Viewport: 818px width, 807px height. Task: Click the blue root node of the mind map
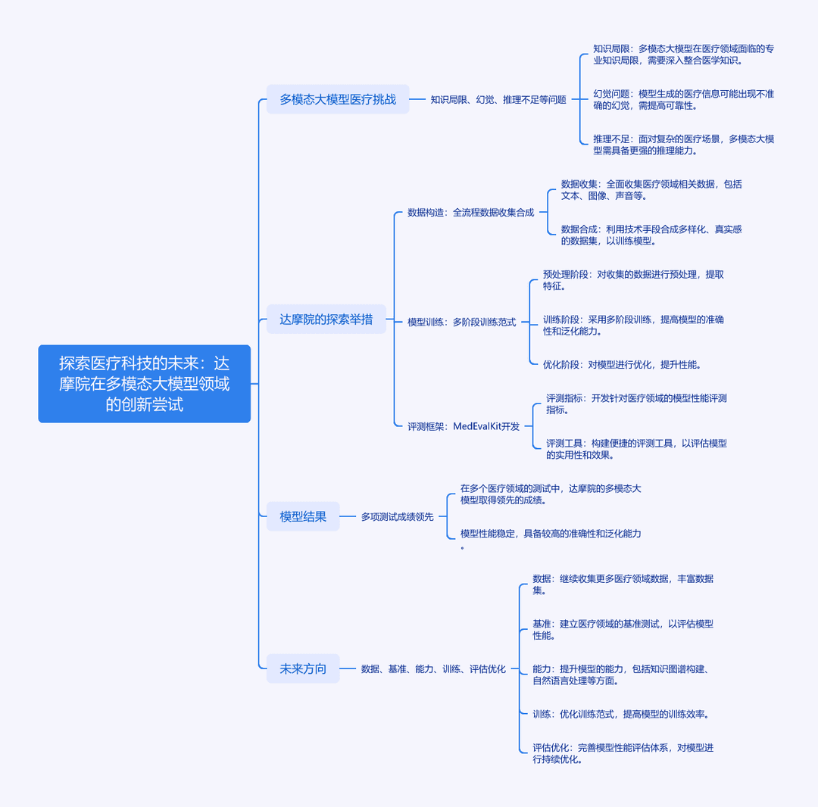(x=145, y=384)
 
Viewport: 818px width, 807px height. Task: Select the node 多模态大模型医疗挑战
(x=338, y=99)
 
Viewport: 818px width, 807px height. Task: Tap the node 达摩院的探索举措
(x=326, y=319)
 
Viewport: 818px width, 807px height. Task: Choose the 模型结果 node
(x=302, y=516)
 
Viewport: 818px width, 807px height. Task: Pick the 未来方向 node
(x=302, y=668)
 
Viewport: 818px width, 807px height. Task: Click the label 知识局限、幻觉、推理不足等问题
(x=498, y=100)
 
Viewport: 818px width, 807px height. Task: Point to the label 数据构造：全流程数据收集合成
(x=470, y=212)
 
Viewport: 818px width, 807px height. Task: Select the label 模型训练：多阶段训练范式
(x=462, y=322)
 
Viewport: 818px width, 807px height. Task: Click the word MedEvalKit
(x=477, y=426)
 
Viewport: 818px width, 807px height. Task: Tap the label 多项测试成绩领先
(x=398, y=516)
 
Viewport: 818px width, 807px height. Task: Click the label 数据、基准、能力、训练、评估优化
(x=433, y=669)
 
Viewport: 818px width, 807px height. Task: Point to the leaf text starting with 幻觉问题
(x=683, y=100)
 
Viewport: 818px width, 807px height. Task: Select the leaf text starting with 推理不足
(x=683, y=145)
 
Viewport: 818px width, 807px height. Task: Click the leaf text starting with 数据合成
(x=651, y=235)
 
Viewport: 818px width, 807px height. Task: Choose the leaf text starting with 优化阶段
(x=621, y=364)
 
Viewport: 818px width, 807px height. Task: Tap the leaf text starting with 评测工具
(x=636, y=449)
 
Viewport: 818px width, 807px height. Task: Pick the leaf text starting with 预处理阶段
(x=633, y=280)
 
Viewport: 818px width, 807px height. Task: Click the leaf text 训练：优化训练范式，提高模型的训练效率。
(x=620, y=714)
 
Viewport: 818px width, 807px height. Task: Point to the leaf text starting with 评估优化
(x=623, y=753)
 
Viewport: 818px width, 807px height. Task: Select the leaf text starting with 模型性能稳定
(x=551, y=539)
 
